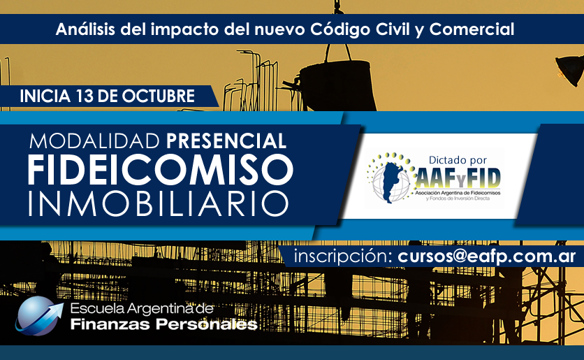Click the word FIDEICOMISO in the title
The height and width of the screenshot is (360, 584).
pyautogui.click(x=161, y=170)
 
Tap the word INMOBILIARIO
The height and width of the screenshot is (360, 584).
pyautogui.click(x=159, y=204)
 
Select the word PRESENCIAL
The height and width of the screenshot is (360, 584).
pyautogui.click(x=226, y=141)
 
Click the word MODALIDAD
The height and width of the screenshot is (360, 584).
pyautogui.click(x=94, y=141)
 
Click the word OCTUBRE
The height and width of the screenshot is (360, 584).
pyautogui.click(x=159, y=96)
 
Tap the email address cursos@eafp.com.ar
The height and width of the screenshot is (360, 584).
pyautogui.click(x=487, y=257)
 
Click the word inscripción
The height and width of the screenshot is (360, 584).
pyautogui.click(x=342, y=257)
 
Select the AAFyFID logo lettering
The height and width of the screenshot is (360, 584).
pyautogui.click(x=458, y=178)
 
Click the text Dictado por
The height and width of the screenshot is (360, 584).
pyautogui.click(x=458, y=160)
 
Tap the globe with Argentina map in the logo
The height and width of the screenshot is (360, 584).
pyautogui.click(x=390, y=181)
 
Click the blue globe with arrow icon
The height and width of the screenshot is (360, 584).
pyautogui.click(x=38, y=316)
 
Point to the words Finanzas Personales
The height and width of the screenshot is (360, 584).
pyautogui.click(x=164, y=324)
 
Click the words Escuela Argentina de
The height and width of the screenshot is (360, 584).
pyautogui.click(x=142, y=308)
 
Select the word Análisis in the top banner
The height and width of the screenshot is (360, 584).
pyautogui.click(x=85, y=29)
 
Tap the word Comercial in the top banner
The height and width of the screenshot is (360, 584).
pyautogui.click(x=472, y=29)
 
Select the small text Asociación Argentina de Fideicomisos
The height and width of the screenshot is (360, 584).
pyautogui.click(x=458, y=193)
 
